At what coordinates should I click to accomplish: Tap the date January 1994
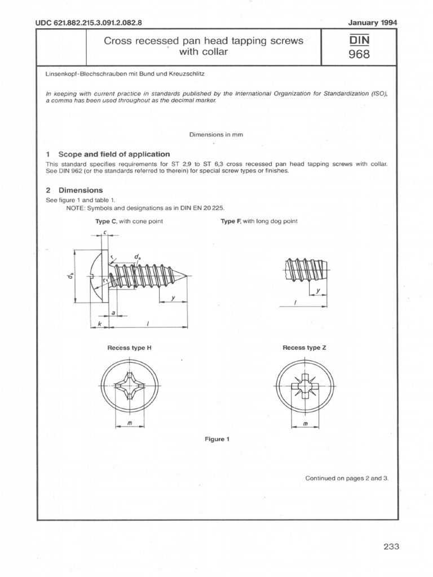[374, 23]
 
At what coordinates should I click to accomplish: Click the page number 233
[390, 546]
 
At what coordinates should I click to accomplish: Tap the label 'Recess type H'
[130, 348]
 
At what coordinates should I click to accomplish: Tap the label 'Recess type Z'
[304, 348]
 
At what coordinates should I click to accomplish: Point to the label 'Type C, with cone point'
[129, 221]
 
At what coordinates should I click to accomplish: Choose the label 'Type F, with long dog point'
[259, 221]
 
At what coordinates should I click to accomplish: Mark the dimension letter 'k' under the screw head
[100, 325]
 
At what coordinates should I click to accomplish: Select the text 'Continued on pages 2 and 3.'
[347, 478]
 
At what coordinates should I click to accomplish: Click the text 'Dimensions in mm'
[216, 135]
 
